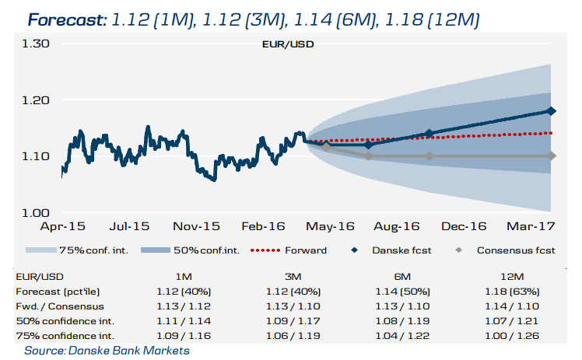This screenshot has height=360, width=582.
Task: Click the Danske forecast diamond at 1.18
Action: [552, 111]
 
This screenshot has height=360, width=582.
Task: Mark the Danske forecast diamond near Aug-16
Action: [429, 133]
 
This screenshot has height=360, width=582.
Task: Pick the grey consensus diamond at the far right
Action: [552, 156]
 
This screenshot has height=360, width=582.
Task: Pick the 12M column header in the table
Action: [515, 277]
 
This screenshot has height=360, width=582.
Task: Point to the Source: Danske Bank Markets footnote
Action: [107, 351]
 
